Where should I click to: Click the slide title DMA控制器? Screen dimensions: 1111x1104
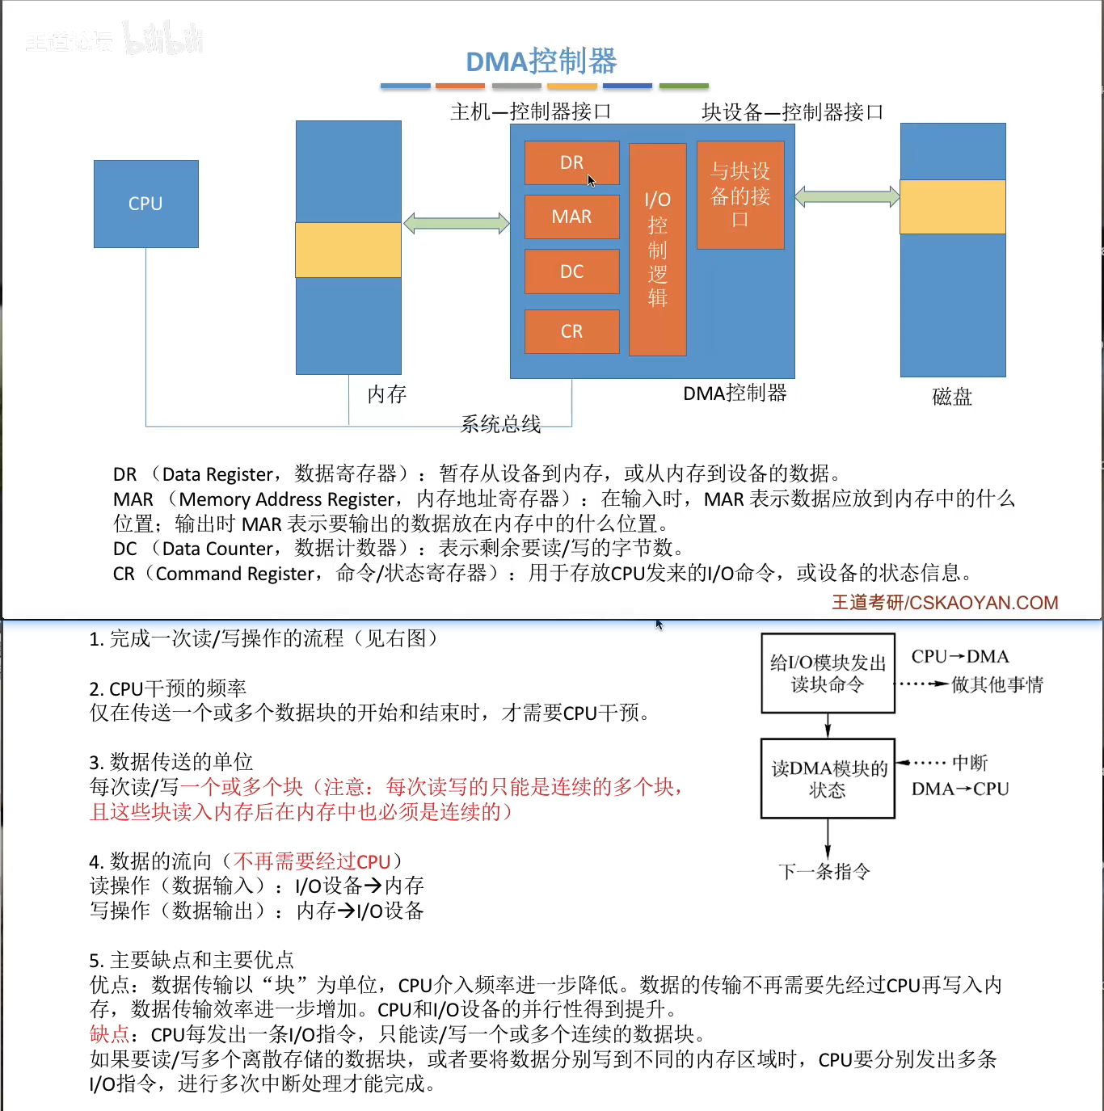[x=541, y=61]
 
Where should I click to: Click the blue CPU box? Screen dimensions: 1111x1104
[x=145, y=204]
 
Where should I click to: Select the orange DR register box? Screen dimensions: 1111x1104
[x=571, y=162]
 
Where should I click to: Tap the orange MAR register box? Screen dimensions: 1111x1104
[x=571, y=217]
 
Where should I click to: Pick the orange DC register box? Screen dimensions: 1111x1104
[x=571, y=271]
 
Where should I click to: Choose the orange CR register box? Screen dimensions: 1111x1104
[x=571, y=331]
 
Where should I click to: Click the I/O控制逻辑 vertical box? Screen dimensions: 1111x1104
[x=657, y=249]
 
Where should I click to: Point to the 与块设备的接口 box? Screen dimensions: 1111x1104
[x=740, y=195]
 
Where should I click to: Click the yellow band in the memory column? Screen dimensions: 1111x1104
[x=348, y=250]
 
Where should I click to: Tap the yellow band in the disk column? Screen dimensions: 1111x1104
[x=953, y=207]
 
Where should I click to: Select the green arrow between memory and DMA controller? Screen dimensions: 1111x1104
[x=457, y=223]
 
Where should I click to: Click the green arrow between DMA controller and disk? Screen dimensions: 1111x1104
[x=847, y=196]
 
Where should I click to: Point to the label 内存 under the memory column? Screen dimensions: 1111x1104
[x=386, y=394]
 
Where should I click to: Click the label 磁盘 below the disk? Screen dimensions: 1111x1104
[x=952, y=397]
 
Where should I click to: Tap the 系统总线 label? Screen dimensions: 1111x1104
[x=500, y=424]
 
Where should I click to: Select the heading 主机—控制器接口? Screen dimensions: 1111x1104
[x=530, y=112]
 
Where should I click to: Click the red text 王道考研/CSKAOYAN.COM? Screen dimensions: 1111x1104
[x=945, y=603]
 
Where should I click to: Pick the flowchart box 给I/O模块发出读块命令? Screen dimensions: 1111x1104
[x=828, y=673]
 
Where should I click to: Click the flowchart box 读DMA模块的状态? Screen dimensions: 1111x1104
[x=828, y=779]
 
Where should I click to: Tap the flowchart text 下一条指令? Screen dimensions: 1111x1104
[x=824, y=872]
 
